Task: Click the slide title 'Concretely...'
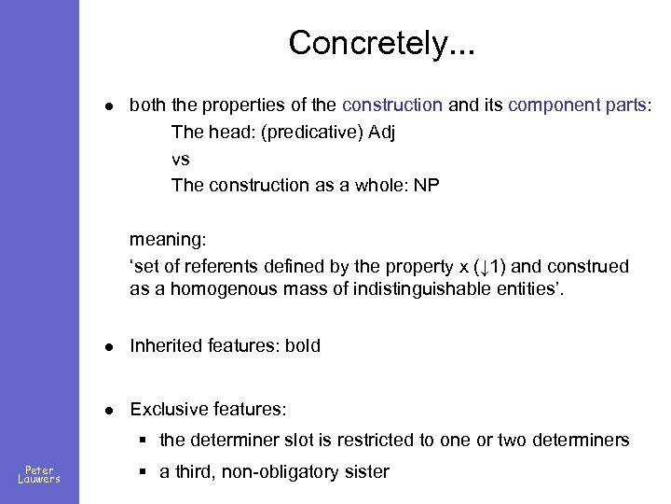tap(381, 43)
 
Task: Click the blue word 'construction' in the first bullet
tap(392, 105)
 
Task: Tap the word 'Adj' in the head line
tap(381, 132)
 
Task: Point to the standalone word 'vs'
tap(181, 159)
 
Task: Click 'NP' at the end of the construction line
tap(426, 185)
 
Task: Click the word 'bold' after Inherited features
tap(302, 346)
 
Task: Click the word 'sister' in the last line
tap(367, 471)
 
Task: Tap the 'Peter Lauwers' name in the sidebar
tap(39, 474)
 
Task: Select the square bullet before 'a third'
tap(144, 472)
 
